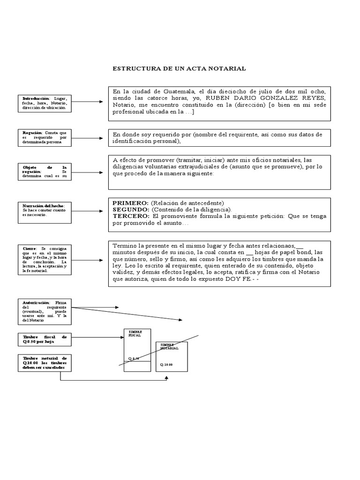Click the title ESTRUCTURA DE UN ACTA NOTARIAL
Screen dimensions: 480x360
coord(179,68)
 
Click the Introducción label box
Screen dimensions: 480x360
coord(45,103)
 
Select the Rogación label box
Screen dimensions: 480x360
coord(45,137)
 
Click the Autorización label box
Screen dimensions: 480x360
coord(45,311)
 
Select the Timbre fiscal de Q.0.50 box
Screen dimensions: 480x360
coord(45,339)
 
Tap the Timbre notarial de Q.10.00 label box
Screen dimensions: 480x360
coord(45,363)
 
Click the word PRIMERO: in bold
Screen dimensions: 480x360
coord(131,202)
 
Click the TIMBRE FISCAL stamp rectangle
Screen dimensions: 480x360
coord(137,350)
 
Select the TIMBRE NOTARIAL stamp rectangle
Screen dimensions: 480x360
coord(172,356)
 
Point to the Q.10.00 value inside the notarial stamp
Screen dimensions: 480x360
coord(166,365)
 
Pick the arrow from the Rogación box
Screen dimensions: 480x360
coord(90,138)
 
